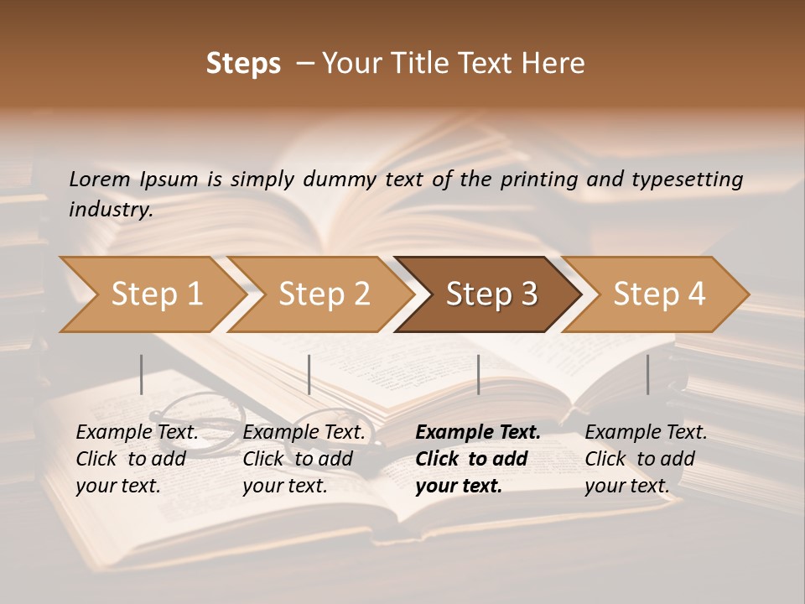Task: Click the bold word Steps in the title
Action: pos(243,64)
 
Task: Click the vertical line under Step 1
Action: pos(142,374)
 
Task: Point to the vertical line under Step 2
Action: pos(309,374)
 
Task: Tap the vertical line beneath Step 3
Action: pos(478,374)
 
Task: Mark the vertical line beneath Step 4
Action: pos(647,374)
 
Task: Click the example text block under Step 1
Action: pos(137,459)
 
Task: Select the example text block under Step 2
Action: pos(304,459)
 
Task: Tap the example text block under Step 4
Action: pos(646,459)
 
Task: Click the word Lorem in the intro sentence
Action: pos(100,180)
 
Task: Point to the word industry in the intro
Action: pos(110,210)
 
